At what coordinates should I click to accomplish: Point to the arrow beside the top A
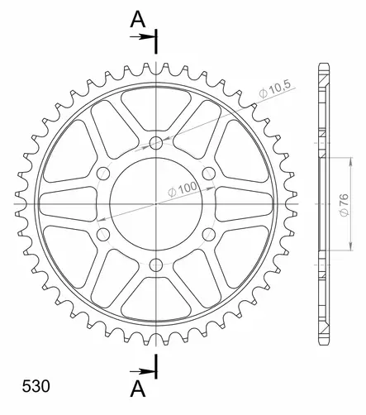click(x=146, y=36)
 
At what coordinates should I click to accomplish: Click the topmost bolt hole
click(x=155, y=141)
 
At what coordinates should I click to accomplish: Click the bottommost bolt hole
click(x=155, y=265)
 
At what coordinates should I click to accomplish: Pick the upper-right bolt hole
click(x=208, y=172)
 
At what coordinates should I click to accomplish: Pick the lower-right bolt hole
click(x=208, y=234)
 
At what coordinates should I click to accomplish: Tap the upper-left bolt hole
click(x=102, y=172)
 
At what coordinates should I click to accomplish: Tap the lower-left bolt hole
click(x=102, y=234)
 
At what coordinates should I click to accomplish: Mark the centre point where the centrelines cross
click(x=155, y=203)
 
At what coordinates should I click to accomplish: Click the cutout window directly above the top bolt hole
click(x=155, y=103)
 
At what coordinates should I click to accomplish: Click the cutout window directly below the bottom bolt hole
click(x=155, y=302)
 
